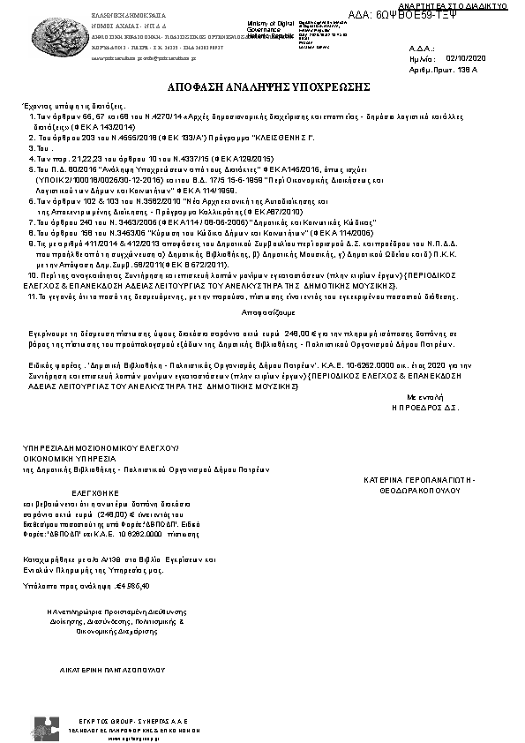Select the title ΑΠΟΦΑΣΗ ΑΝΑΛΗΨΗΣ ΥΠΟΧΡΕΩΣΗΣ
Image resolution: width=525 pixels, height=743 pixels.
[263, 89]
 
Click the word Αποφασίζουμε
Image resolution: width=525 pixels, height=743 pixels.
[262, 312]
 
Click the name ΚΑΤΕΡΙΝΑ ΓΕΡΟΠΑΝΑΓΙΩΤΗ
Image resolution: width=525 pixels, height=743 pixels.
[419, 479]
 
